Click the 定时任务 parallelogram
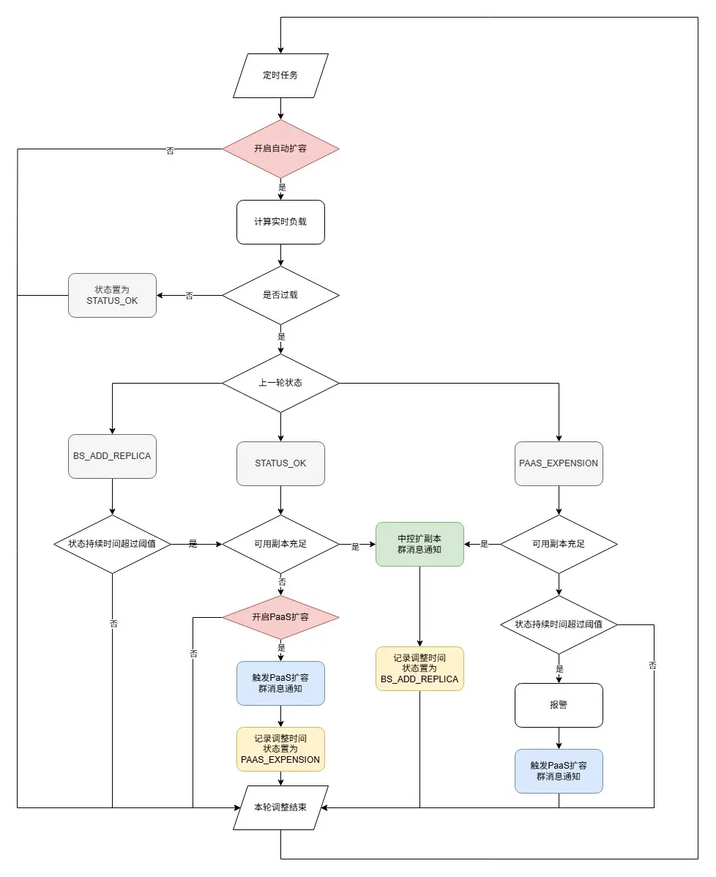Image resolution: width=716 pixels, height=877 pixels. pos(280,75)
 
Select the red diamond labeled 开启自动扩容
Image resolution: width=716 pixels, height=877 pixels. pos(280,149)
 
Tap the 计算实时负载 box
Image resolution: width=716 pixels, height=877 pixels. pos(280,222)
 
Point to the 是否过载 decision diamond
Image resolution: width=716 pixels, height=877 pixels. pos(280,295)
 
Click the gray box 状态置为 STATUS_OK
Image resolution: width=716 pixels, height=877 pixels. pos(112,295)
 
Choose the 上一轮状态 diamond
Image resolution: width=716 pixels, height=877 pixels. pos(280,383)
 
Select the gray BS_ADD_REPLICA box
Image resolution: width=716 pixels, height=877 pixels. pos(112,456)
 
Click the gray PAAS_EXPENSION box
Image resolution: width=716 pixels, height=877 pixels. pos(559,463)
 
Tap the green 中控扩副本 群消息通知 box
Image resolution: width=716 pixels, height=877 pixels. pos(419,544)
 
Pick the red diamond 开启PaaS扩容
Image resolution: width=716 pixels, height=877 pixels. pos(280,617)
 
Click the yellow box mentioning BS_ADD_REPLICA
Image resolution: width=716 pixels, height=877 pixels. pos(419,668)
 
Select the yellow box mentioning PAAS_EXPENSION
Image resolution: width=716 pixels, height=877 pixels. pos(280,749)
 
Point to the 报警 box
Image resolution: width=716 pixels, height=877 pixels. pos(559,705)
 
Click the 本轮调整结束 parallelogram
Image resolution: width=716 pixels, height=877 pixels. pos(280,807)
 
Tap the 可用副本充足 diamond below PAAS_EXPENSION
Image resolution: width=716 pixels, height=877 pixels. pos(559,544)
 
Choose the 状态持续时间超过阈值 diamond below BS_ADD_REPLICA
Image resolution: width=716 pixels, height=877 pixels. pos(112,544)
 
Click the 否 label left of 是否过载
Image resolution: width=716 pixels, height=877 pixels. pos(190,296)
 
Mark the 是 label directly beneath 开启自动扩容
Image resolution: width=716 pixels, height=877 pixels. pos(282,187)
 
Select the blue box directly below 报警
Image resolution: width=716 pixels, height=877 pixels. pos(559,771)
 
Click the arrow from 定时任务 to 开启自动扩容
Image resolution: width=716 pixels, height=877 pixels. pos(280,108)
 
